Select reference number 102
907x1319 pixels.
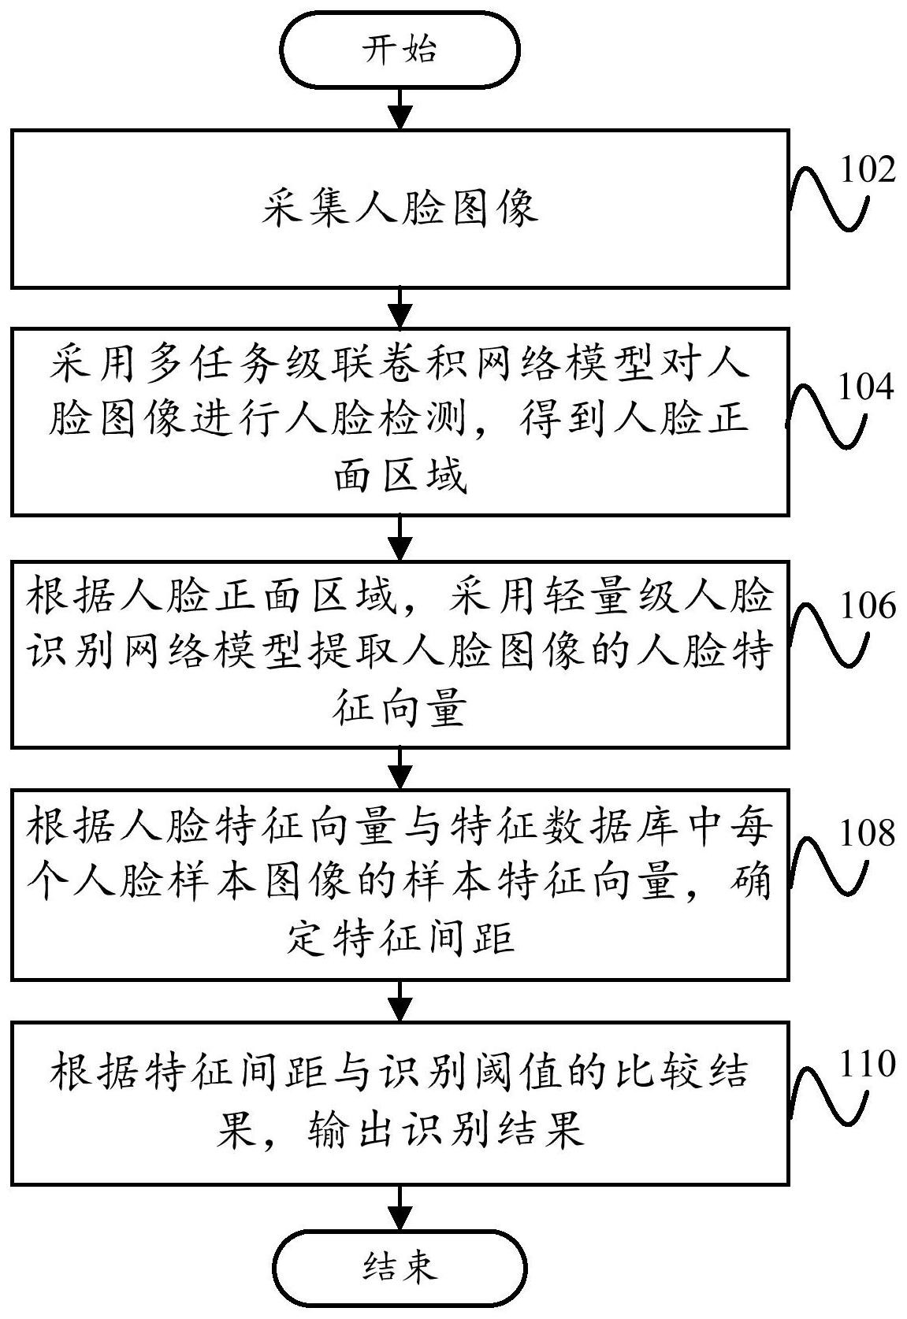coord(868,169)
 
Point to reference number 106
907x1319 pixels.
coord(868,606)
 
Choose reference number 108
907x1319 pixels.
coord(868,832)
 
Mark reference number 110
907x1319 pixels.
coord(868,1064)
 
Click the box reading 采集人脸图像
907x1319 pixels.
coord(400,209)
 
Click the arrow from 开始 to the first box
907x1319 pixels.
coord(400,109)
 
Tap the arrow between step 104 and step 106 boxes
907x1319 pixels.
coord(400,538)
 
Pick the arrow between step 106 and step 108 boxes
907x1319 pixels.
coord(400,768)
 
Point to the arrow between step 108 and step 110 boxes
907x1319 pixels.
coord(400,1001)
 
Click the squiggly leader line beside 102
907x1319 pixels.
coord(828,196)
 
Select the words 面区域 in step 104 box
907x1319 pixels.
coord(400,476)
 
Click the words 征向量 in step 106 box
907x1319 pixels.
coord(400,710)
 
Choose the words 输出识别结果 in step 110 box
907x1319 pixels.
coord(445,1132)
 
